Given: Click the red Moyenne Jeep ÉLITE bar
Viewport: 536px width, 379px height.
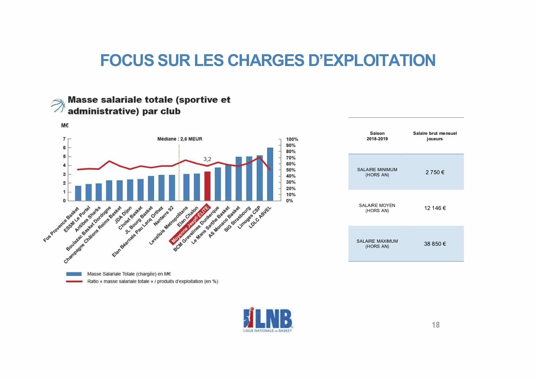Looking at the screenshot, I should tap(207, 186).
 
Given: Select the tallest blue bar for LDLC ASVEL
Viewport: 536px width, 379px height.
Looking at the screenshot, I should tap(270, 174).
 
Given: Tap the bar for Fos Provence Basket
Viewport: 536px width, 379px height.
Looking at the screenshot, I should tap(78, 193).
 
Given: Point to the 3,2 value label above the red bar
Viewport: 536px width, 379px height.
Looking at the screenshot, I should tap(207, 159).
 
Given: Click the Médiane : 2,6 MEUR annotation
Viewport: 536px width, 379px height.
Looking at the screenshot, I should tap(180, 139).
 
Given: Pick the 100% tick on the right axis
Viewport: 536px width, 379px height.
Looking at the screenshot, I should tap(292, 139).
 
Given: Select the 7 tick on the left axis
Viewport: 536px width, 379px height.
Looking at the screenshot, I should tap(64, 139).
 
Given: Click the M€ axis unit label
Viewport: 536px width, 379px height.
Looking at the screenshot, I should tap(65, 126).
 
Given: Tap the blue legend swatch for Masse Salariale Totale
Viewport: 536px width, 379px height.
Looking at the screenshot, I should tap(74, 274).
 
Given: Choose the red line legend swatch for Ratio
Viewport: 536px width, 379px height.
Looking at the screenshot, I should tap(74, 281).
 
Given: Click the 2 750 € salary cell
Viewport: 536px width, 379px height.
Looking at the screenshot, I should tap(435, 172).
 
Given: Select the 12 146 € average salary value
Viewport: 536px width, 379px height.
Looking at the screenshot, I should tap(435, 208).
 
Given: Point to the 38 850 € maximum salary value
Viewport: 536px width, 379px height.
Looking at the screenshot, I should tap(435, 244).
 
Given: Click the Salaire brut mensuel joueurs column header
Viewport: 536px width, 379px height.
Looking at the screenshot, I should tap(435, 136).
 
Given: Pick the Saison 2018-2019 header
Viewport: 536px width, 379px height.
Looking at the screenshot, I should tap(377, 136).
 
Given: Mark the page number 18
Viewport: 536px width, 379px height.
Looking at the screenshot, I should tap(436, 325).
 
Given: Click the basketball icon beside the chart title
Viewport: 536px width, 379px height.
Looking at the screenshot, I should tap(58, 106).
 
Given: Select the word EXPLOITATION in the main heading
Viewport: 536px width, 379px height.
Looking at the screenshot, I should tap(379, 60).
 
